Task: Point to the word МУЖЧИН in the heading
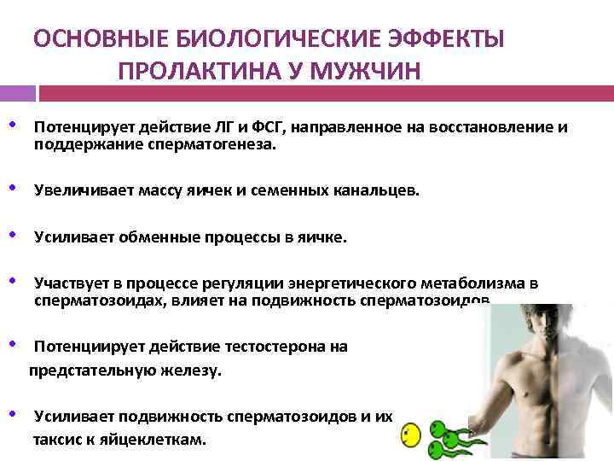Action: [x=372, y=69]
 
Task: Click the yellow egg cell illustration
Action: [x=410, y=436]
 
